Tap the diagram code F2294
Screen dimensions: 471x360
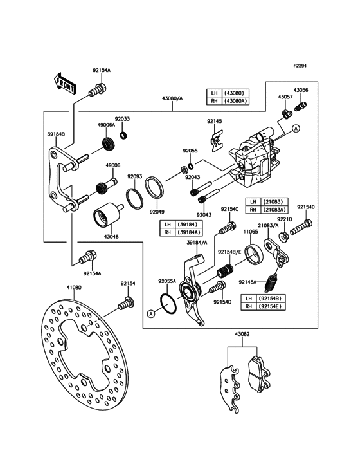[x=300, y=66]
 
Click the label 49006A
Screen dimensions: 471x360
[x=106, y=125]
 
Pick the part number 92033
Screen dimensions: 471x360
[x=122, y=120]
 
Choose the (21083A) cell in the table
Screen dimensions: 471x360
[x=274, y=209]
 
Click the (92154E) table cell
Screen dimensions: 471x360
[x=270, y=307]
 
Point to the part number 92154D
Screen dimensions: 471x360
[x=305, y=207]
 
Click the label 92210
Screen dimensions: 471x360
[x=285, y=219]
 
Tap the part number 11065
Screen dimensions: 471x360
[x=251, y=230]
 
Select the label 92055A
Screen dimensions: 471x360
[x=167, y=281]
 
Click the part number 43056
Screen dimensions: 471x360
[x=301, y=91]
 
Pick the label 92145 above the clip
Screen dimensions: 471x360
[x=215, y=121]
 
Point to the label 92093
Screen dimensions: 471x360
[x=134, y=176]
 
